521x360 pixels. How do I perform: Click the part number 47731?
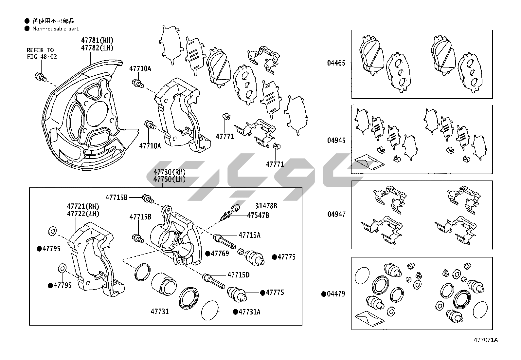pyautogui.click(x=160, y=311)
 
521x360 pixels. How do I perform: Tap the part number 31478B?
pyautogui.click(x=266, y=206)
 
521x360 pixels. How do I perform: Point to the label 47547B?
pyautogui.click(x=258, y=215)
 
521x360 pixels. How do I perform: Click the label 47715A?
pyautogui.click(x=249, y=235)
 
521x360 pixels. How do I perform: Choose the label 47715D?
pyautogui.click(x=238, y=275)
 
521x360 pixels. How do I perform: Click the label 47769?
pyautogui.click(x=220, y=253)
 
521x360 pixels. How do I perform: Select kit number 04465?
pyautogui.click(x=336, y=63)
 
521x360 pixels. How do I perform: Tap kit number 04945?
pyautogui.click(x=336, y=141)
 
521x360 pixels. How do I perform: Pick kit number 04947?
pyautogui.click(x=336, y=214)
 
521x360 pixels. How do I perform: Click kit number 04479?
pyautogui.click(x=336, y=294)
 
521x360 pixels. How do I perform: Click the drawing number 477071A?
pyautogui.click(x=486, y=340)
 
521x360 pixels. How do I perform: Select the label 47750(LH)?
pyautogui.click(x=169, y=179)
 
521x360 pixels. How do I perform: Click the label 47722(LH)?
pyautogui.click(x=83, y=214)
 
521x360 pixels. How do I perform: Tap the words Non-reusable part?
pyautogui.click(x=55, y=29)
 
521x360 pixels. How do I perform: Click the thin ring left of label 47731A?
pyautogui.click(x=209, y=310)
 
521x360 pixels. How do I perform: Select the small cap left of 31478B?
pyautogui.click(x=235, y=208)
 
